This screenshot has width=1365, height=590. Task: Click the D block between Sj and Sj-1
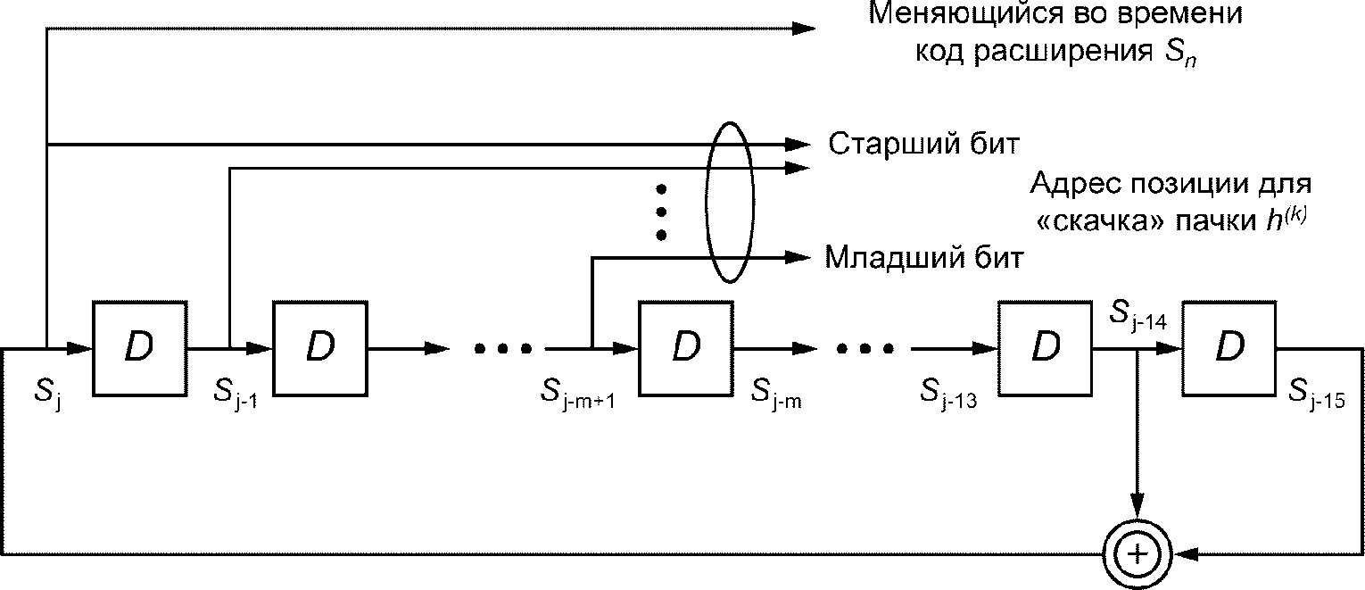[139, 349]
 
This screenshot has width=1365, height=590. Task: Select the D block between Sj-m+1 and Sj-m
[686, 349]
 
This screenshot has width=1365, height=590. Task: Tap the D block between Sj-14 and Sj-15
[1229, 349]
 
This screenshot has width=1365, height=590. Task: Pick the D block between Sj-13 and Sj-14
[1046, 349]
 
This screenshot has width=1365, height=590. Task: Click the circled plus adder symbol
[1137, 554]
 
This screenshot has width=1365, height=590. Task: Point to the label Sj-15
[1316, 395]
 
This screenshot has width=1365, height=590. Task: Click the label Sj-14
[1137, 316]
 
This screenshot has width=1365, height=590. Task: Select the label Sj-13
[948, 395]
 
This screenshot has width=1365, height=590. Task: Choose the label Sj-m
[776, 395]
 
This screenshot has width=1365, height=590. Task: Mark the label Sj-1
[236, 395]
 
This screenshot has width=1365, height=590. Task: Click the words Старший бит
[923, 145]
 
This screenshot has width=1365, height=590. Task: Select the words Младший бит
[924, 259]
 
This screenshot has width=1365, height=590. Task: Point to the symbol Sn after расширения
[1180, 54]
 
